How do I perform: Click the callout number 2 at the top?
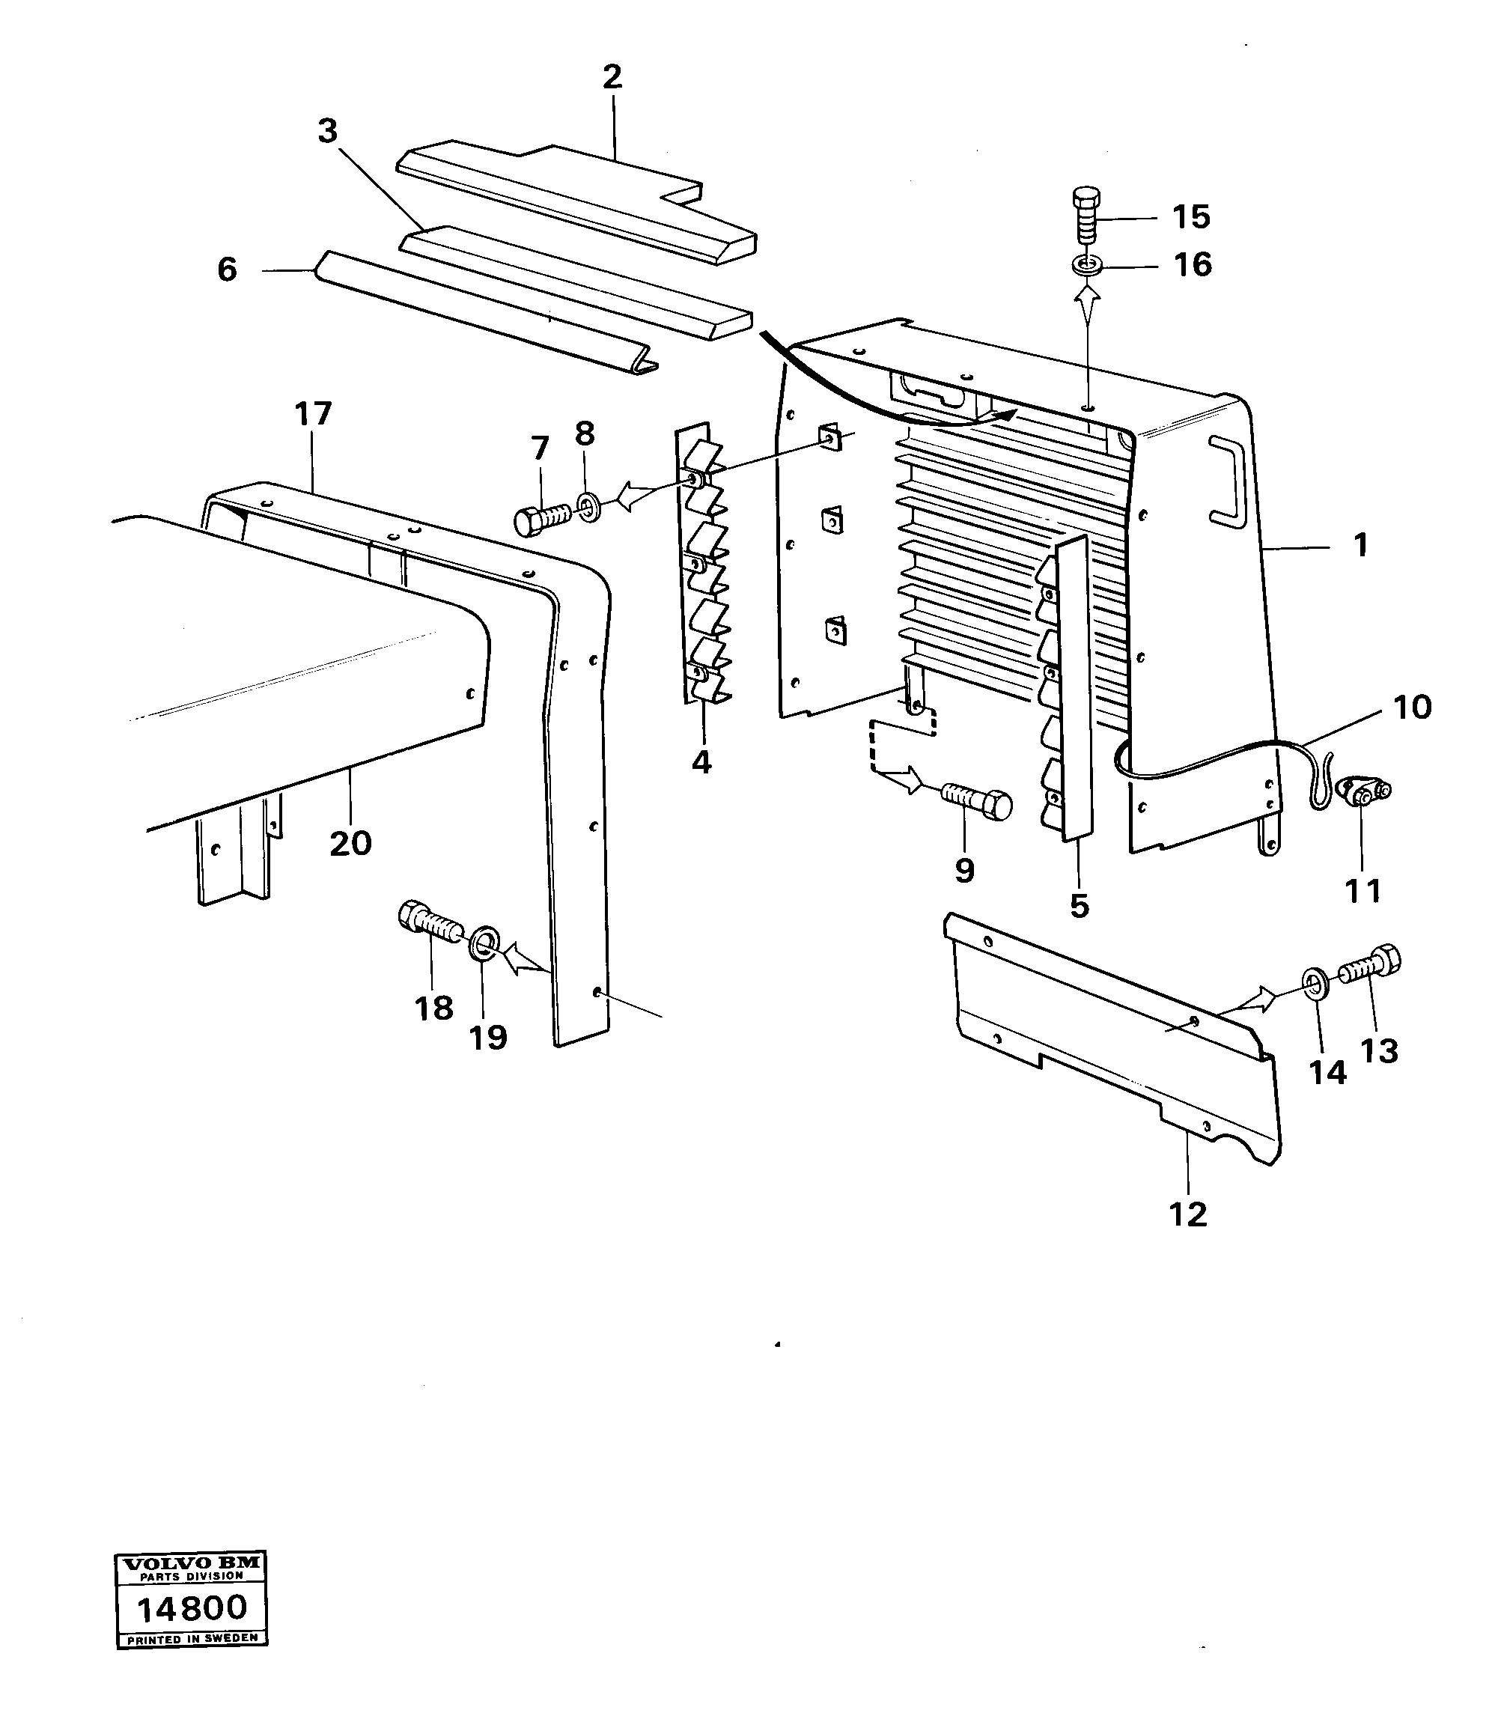point(612,78)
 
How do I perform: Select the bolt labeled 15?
point(1086,215)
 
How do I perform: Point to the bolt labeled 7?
point(541,516)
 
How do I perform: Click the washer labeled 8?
point(588,506)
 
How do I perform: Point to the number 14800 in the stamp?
point(192,1607)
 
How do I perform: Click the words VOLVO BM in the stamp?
point(192,1563)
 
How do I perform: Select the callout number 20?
point(350,844)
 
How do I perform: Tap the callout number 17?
point(313,413)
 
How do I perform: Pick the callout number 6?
point(227,270)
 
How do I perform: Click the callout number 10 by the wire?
point(1412,708)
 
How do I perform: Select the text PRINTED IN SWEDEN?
point(192,1638)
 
